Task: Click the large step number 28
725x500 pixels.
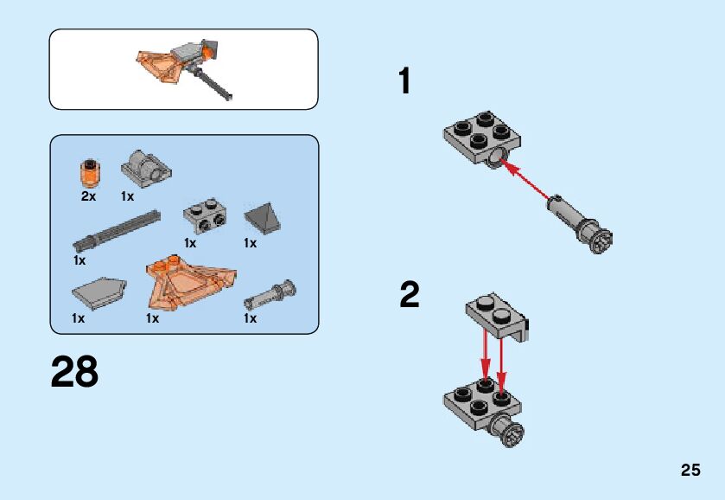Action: click(74, 371)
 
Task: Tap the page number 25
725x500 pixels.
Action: click(690, 470)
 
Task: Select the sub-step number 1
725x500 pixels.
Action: click(404, 81)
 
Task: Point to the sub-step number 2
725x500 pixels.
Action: click(410, 294)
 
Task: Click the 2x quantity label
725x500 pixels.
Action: click(88, 196)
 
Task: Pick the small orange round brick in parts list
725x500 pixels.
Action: click(91, 172)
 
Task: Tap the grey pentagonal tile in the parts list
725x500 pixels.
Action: click(99, 292)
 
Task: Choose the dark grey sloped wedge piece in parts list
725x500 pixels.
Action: click(262, 217)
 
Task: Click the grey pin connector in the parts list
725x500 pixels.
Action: click(270, 294)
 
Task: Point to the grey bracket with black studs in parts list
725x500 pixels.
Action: click(206, 215)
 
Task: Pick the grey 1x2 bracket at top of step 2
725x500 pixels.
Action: click(497, 317)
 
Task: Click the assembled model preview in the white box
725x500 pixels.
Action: click(185, 67)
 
